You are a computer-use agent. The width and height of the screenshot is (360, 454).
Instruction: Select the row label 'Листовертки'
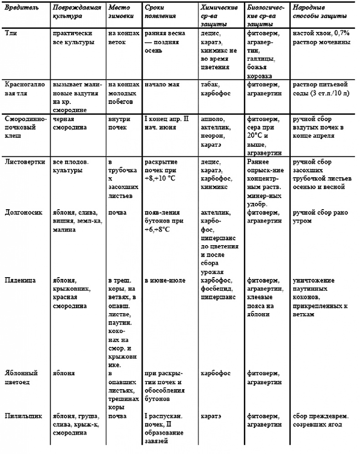(x=21, y=162)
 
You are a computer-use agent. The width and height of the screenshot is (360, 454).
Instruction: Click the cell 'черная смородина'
(x=70, y=124)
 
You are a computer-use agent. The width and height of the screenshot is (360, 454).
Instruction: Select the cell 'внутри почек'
(x=119, y=124)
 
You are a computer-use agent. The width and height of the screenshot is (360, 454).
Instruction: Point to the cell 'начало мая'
(x=162, y=85)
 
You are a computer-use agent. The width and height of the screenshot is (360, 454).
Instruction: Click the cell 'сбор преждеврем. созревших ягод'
(x=321, y=420)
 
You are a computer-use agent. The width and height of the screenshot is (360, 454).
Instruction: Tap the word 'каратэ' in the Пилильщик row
(x=211, y=416)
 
